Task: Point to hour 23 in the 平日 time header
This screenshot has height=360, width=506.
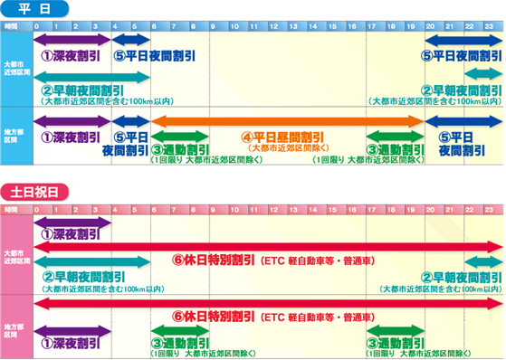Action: (489, 25)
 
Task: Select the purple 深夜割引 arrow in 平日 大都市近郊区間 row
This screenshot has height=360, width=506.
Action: (72, 42)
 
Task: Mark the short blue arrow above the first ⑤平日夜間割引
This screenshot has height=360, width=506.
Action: (130, 42)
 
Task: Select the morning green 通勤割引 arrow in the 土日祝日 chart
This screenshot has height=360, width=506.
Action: (180, 330)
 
